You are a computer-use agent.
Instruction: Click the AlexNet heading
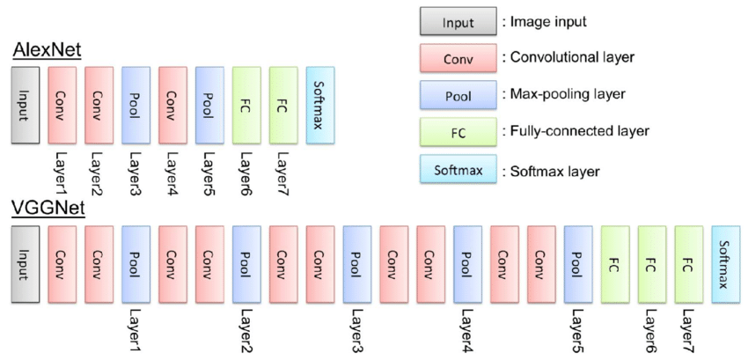pyautogui.click(x=47, y=49)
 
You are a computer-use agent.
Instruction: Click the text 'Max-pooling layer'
pyautogui.click(x=562, y=94)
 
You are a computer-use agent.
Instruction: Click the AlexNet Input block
pyautogui.click(x=25, y=104)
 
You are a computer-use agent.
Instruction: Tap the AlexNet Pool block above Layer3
pyautogui.click(x=136, y=104)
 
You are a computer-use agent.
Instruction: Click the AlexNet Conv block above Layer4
pyautogui.click(x=172, y=104)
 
